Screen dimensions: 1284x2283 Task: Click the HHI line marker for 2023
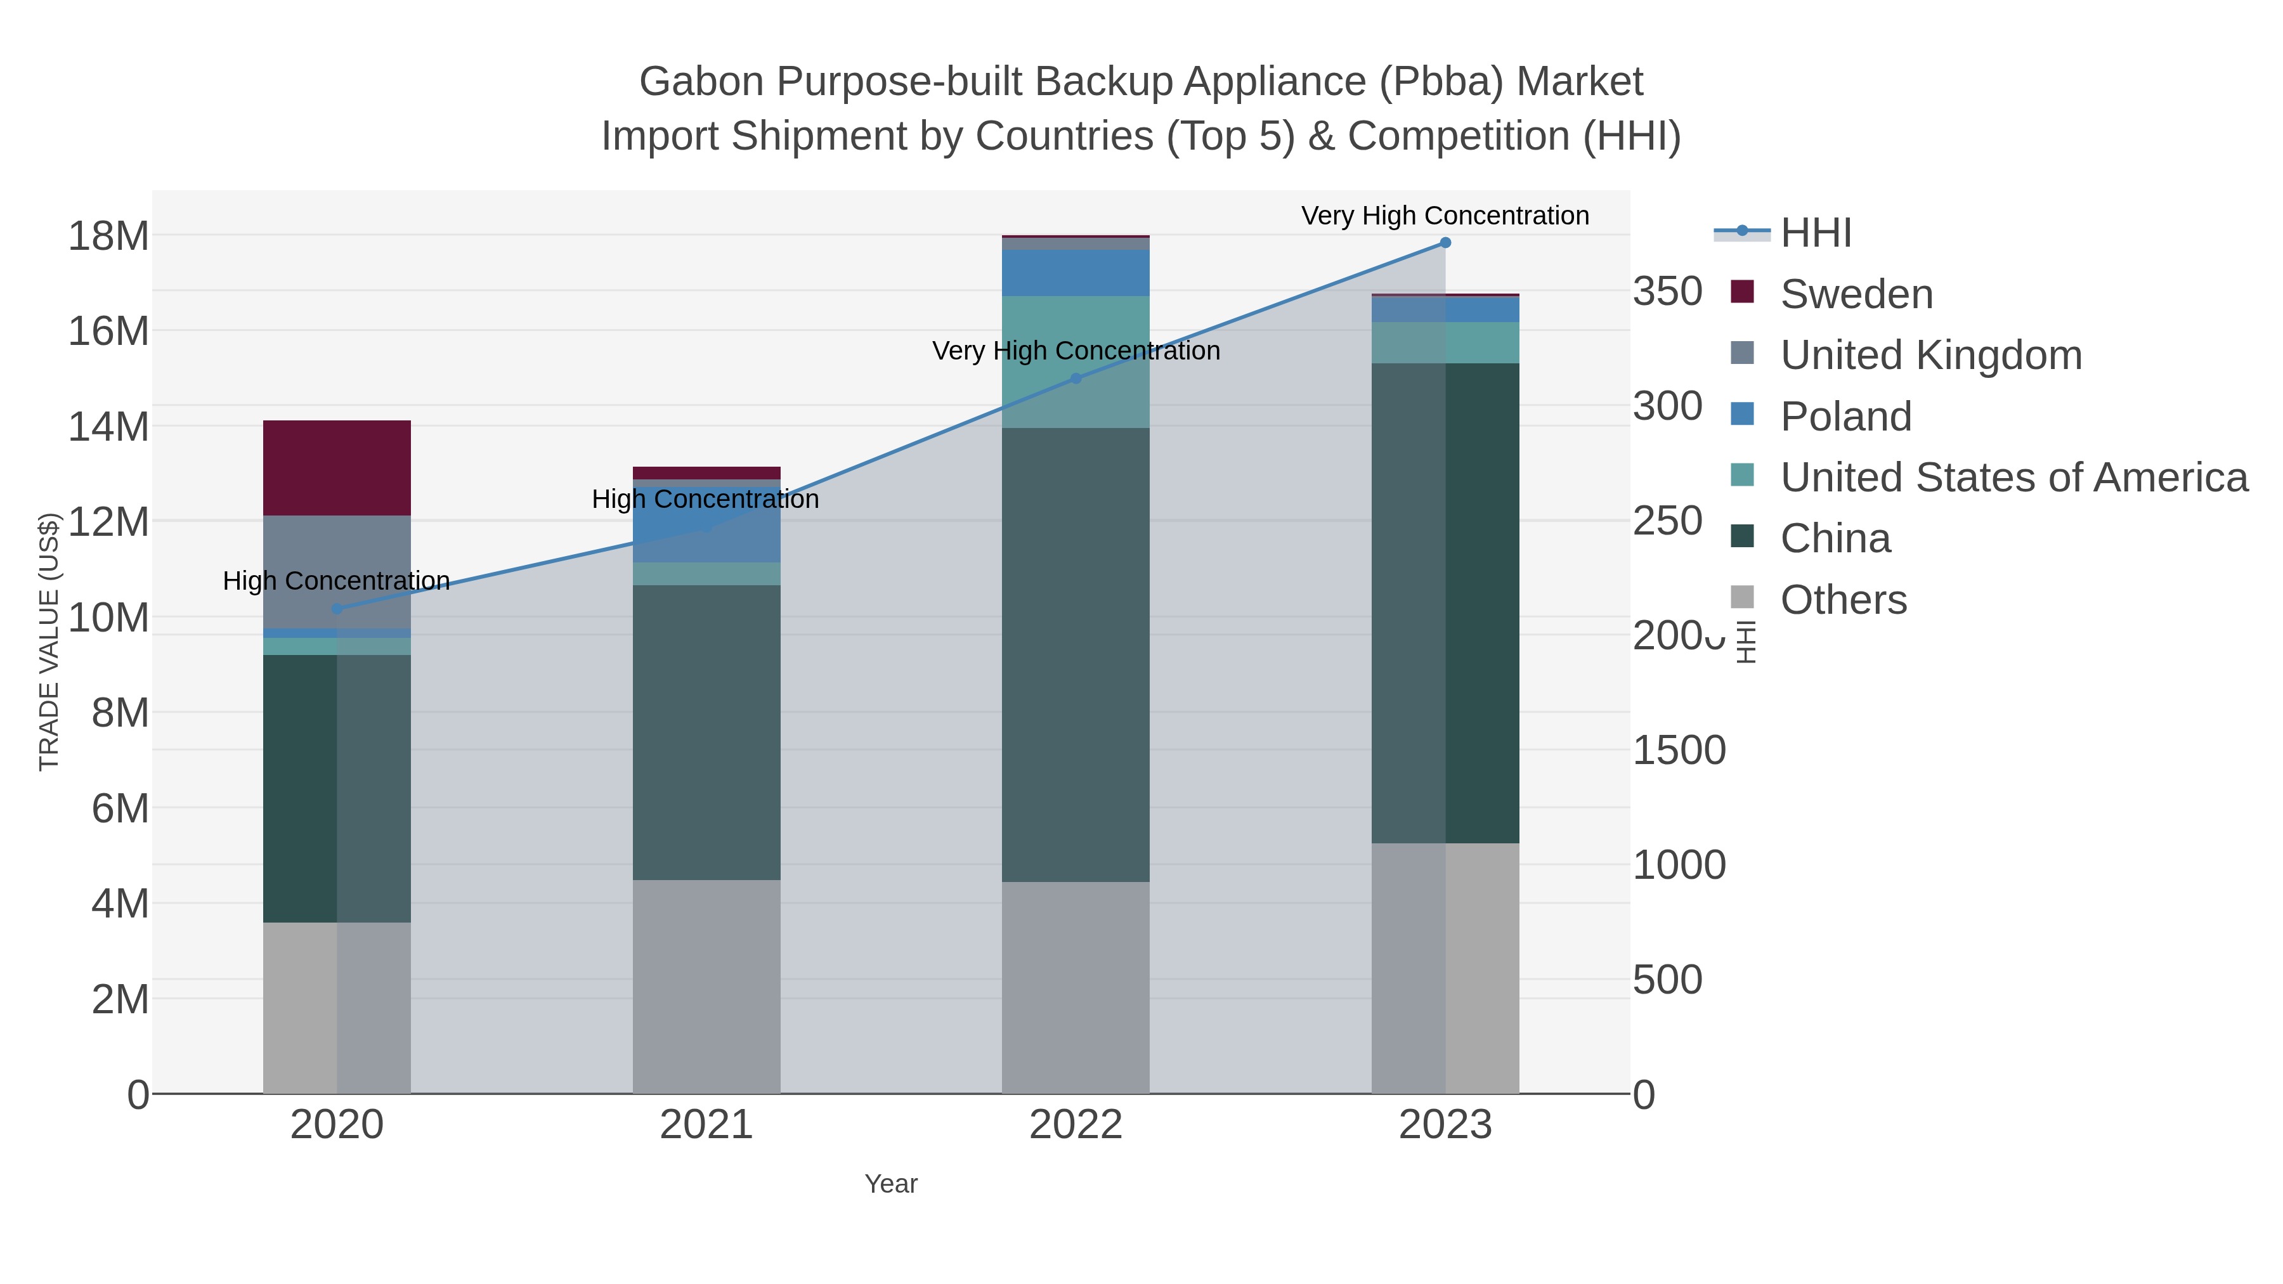point(1445,243)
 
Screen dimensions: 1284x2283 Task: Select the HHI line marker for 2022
point(1076,379)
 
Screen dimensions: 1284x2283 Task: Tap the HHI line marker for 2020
point(337,609)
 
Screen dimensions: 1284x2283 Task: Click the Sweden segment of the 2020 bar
point(337,468)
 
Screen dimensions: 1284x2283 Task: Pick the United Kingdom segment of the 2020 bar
point(337,571)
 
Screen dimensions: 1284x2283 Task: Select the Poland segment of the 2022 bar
point(1076,273)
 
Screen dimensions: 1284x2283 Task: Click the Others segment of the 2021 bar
point(706,986)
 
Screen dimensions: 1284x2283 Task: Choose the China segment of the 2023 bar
point(1445,602)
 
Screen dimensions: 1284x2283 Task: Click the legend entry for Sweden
point(1856,294)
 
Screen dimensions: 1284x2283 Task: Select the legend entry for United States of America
point(2013,477)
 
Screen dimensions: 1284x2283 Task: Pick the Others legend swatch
point(1743,598)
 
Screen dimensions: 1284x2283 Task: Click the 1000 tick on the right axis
point(1679,865)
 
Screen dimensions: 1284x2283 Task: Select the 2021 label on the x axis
point(706,1125)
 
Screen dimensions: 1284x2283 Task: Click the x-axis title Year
point(891,1184)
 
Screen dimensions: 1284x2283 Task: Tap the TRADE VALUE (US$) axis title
point(49,642)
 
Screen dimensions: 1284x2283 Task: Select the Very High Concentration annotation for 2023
point(1445,216)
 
